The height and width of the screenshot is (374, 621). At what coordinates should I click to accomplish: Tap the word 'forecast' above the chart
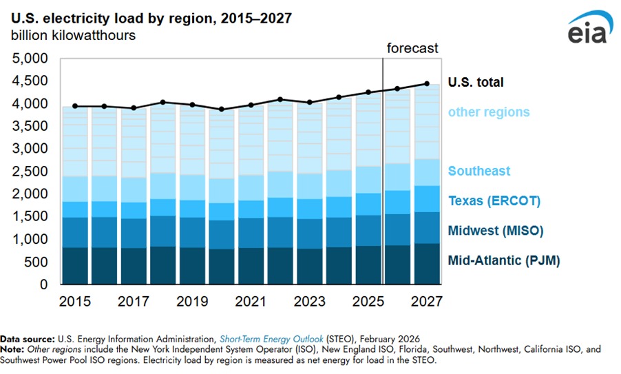[x=412, y=48]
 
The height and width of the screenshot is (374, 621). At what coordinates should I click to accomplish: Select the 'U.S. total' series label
[x=476, y=83]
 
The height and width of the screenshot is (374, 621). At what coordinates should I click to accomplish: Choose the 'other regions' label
[x=489, y=112]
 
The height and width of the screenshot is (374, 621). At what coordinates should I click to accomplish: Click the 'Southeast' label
[x=480, y=171]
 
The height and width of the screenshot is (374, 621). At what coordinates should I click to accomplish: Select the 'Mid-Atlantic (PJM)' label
[x=503, y=260]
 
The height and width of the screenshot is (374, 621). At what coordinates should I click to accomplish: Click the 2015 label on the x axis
[x=74, y=301]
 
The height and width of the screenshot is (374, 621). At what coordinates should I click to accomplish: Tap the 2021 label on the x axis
[x=251, y=301]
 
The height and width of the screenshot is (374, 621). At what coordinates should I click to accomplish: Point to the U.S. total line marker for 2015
[x=74, y=106]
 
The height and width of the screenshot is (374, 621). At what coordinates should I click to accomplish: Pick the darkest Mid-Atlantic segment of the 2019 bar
[x=191, y=266]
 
